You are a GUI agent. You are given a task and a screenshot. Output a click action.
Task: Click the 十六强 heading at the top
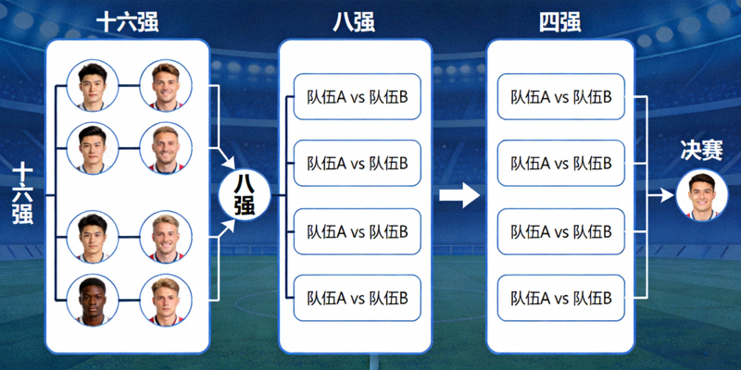click(x=127, y=22)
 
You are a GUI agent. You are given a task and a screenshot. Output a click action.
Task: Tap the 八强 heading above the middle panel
click(x=355, y=22)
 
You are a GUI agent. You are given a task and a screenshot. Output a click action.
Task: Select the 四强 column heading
click(x=560, y=22)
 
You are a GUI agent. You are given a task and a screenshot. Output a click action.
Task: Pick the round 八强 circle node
click(x=244, y=195)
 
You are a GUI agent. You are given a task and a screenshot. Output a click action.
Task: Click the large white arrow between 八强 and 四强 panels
click(x=458, y=195)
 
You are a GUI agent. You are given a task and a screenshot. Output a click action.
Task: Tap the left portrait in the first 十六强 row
click(x=93, y=87)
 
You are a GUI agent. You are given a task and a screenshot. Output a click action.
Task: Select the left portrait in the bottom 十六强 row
click(x=93, y=301)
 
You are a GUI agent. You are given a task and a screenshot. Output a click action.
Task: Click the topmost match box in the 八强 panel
click(x=357, y=96)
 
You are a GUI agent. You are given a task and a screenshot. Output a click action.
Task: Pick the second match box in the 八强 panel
click(x=357, y=164)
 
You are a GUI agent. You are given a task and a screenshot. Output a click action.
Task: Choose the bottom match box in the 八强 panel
click(x=357, y=298)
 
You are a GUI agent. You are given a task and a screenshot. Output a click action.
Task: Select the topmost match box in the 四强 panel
click(x=561, y=96)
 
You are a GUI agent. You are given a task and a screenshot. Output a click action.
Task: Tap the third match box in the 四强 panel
click(x=561, y=231)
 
